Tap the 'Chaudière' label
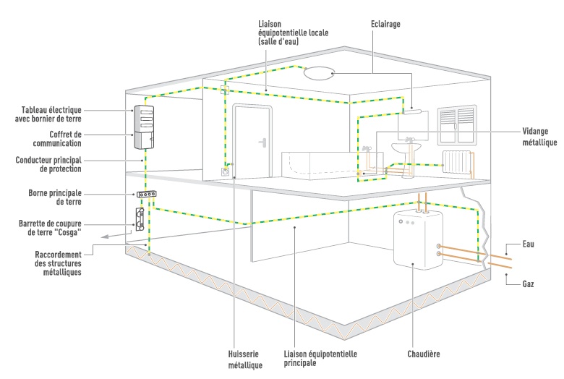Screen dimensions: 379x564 424,354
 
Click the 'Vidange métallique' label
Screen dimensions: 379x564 539,137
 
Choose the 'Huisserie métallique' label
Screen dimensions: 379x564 238,359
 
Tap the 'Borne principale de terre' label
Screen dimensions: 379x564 61,197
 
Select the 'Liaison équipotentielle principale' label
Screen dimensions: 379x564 317,359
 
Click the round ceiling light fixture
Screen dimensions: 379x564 317,73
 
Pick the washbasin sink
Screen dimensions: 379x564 405,147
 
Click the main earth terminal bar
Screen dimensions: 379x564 148,195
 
